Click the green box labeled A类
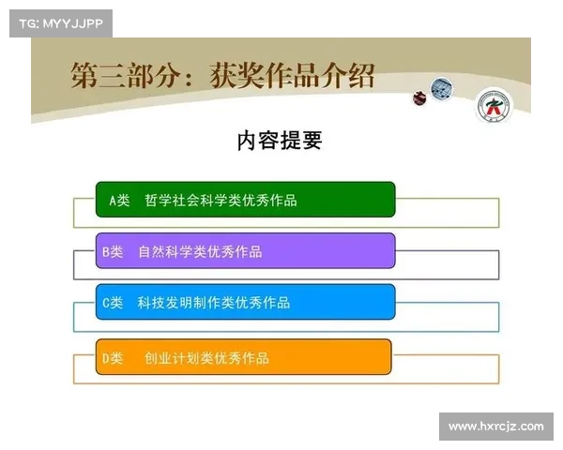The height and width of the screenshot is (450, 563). click(x=246, y=200)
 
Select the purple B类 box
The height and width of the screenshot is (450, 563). click(x=246, y=251)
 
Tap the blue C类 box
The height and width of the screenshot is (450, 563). click(x=246, y=302)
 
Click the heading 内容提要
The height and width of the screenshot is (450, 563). click(x=280, y=141)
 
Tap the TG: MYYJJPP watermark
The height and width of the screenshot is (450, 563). click(x=60, y=23)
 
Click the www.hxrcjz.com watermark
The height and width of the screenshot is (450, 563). click(x=495, y=427)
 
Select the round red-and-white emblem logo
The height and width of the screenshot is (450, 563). click(x=492, y=106)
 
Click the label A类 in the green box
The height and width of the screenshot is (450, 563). click(x=119, y=201)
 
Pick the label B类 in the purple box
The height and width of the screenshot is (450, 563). click(x=113, y=251)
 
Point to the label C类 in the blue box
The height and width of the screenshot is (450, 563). click(x=113, y=303)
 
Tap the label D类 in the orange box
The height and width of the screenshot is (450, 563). click(x=113, y=358)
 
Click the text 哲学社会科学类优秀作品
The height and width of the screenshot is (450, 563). click(x=221, y=201)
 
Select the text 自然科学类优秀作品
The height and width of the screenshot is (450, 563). click(x=200, y=251)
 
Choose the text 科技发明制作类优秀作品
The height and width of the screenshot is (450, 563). click(x=214, y=303)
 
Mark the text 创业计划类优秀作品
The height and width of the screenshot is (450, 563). click(x=206, y=358)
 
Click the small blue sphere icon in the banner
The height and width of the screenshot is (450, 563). click(x=441, y=89)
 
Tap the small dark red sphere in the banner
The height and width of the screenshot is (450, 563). click(x=419, y=97)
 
